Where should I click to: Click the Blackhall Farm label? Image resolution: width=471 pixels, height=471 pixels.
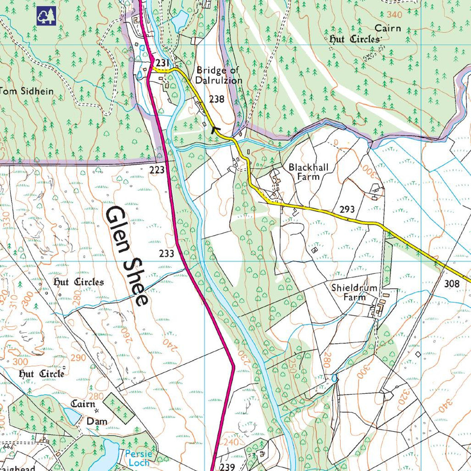tap(308, 172)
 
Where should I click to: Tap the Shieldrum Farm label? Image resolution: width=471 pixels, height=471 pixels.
tap(354, 292)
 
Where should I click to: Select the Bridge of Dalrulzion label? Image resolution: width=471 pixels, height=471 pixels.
tap(219, 75)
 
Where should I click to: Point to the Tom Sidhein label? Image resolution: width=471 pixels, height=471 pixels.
tap(26, 91)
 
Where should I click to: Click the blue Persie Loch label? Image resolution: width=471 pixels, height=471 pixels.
tap(138, 458)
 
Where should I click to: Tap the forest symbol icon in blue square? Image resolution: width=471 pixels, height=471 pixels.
tap(46, 16)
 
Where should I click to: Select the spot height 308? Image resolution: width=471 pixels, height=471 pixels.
tap(451, 283)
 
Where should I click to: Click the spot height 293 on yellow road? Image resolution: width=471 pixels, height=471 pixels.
tap(347, 209)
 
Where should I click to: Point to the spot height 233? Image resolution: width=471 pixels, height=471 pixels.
tap(167, 254)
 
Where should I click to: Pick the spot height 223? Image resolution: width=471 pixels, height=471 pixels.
tap(157, 170)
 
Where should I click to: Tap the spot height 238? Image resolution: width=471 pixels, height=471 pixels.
tap(216, 99)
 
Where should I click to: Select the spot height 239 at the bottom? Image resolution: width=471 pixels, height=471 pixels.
tap(227, 467)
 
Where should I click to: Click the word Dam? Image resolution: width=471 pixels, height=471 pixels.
tap(97, 421)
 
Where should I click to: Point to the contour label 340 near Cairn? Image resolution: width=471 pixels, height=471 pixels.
tap(394, 15)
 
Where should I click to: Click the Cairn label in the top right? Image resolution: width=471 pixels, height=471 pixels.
tap(387, 28)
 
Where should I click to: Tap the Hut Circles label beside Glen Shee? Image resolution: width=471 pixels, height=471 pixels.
tap(79, 282)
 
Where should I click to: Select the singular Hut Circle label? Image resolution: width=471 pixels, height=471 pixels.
tap(42, 374)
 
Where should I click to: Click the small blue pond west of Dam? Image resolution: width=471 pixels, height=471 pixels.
tap(72, 416)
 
